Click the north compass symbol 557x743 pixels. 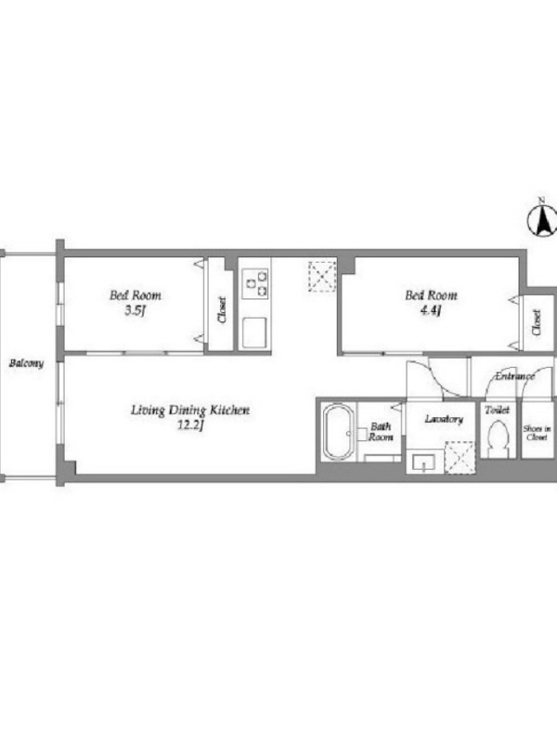click(x=541, y=219)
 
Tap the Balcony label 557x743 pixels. click(x=27, y=363)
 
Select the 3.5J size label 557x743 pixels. click(x=136, y=311)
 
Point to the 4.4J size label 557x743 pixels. click(x=431, y=311)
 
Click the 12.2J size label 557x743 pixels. click(x=190, y=425)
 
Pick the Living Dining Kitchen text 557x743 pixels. click(x=190, y=410)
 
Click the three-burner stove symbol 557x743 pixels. click(x=254, y=283)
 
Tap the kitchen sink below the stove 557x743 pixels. click(x=254, y=332)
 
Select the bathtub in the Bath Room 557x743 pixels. click(x=338, y=432)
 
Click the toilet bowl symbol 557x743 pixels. click(x=498, y=438)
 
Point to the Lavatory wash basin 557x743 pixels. click(x=424, y=462)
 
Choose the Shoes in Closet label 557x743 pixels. click(x=538, y=433)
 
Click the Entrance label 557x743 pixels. click(x=515, y=376)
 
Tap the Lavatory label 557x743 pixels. click(x=444, y=419)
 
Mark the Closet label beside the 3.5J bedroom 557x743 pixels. click(x=222, y=310)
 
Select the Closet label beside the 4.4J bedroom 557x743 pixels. click(x=537, y=322)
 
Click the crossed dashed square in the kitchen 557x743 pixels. click(x=322, y=277)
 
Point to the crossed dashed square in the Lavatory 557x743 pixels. click(x=460, y=457)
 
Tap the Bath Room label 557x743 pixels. click(x=381, y=432)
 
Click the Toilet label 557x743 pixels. click(x=497, y=410)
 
